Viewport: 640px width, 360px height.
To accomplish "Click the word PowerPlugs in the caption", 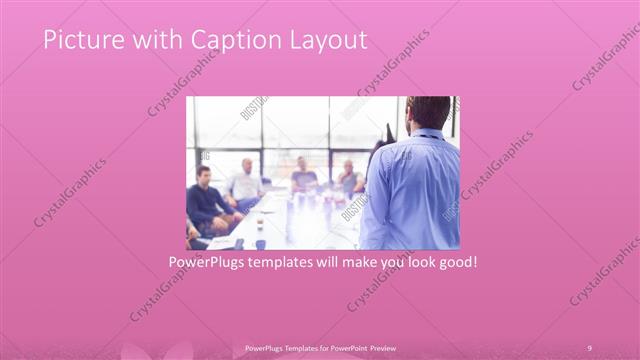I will [208, 262].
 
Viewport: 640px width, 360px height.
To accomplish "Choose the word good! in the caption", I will [453, 262].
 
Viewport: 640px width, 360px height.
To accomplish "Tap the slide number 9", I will [589, 347].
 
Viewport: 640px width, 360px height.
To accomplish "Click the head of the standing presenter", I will [427, 113].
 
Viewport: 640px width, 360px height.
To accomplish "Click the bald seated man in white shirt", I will [244, 185].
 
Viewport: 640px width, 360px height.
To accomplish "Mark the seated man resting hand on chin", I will [349, 178].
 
